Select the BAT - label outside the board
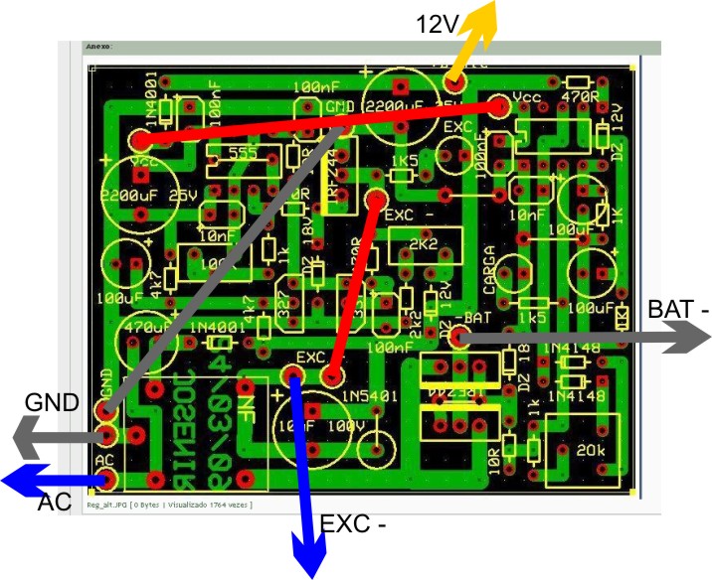678,310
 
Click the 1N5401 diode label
369,397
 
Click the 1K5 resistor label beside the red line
404,160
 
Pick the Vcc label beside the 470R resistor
524,98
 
